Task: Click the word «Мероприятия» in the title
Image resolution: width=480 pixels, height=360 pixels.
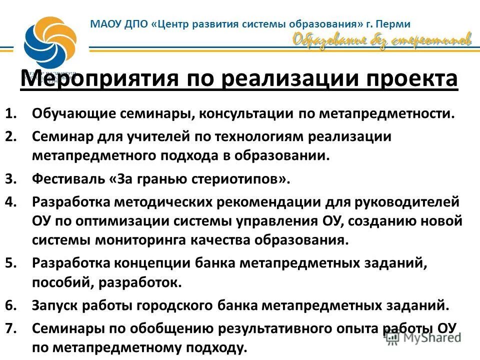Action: pyautogui.click(x=98, y=79)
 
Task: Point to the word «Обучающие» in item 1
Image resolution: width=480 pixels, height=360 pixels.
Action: pyautogui.click(x=73, y=113)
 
